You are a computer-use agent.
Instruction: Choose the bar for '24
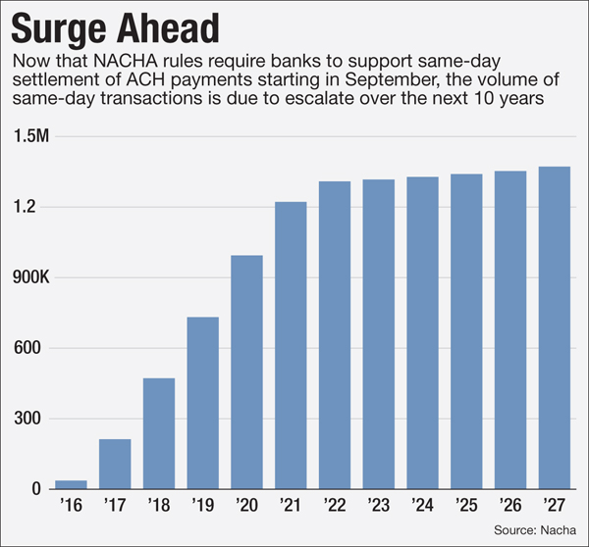coord(423,332)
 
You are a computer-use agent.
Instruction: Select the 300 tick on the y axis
coord(29,419)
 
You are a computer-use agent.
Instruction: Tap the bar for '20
coord(247,372)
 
